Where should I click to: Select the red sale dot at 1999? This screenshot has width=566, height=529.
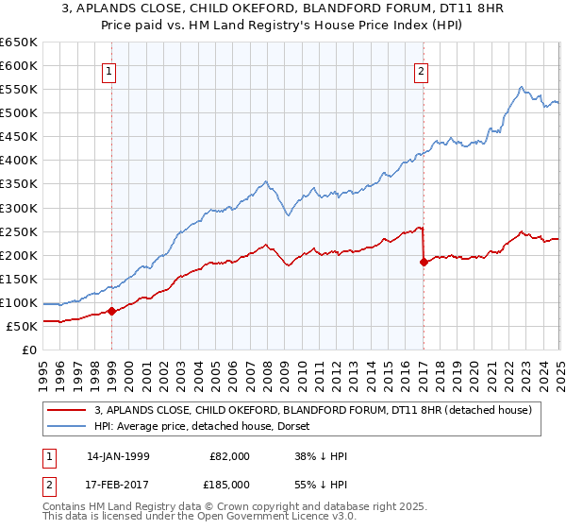111,310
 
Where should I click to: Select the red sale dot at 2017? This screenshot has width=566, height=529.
423,262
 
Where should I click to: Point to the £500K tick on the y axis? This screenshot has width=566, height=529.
20,113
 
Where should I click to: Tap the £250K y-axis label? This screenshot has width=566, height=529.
20,231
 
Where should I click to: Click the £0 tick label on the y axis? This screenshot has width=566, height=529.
30,350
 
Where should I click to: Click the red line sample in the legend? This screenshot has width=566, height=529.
67,410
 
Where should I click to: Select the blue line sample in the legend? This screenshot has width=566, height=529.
67,428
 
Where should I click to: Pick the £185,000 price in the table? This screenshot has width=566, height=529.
229,484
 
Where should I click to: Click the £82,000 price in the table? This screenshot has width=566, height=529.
229,456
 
